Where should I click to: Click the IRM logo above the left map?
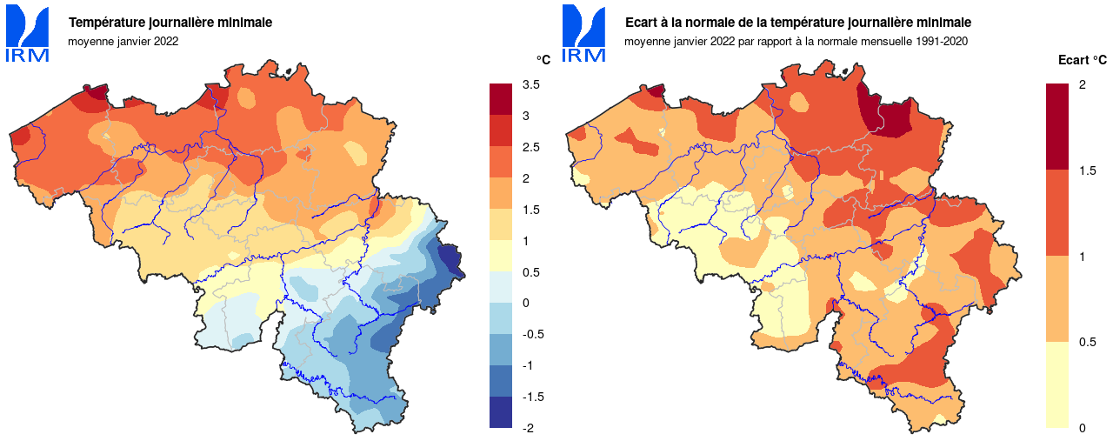(x=28, y=35)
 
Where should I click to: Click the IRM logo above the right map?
(x=583, y=35)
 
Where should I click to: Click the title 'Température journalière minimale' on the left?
(x=170, y=23)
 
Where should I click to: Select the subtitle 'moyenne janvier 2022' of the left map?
(x=123, y=41)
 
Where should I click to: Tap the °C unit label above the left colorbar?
(x=543, y=60)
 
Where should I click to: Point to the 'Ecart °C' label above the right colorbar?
(x=1083, y=60)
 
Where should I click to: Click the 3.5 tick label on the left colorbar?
(x=530, y=84)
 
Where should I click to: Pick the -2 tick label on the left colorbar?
(x=529, y=427)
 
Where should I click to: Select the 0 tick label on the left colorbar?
(x=525, y=302)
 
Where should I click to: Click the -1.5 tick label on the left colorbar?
(x=532, y=396)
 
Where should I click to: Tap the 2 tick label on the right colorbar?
(x=1082, y=84)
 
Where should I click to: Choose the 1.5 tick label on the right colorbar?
(x=1086, y=170)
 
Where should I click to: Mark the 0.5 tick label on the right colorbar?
(x=1086, y=342)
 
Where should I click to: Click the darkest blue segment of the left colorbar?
(x=502, y=412)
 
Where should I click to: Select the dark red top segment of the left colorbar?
(x=502, y=98)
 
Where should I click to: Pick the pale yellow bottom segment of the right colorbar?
(x=1057, y=384)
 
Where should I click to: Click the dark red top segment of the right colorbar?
(x=1057, y=126)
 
